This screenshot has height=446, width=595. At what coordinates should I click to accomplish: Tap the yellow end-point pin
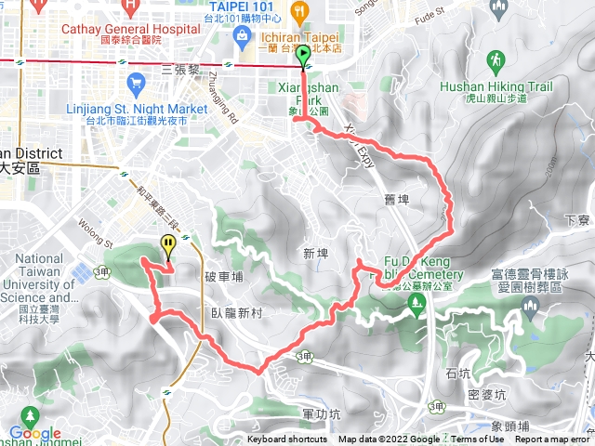pos(168,246)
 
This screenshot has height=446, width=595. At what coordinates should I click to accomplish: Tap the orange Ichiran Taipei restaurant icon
pos(299,11)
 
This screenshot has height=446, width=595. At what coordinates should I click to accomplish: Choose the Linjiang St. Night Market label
pos(137,109)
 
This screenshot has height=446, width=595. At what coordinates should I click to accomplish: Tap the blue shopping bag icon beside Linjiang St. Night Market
pos(138,85)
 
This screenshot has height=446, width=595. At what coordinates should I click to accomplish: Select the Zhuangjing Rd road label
pos(230,93)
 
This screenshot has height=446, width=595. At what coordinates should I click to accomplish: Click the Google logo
pos(35,433)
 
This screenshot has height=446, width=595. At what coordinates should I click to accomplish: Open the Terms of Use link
pos(478,439)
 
